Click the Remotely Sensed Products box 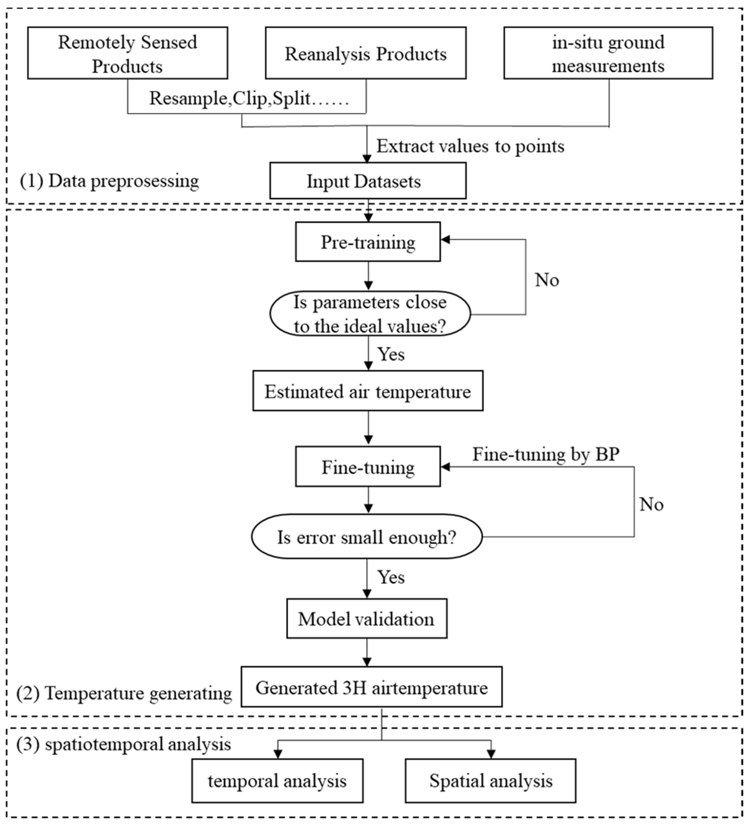click(x=127, y=53)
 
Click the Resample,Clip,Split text click(x=249, y=98)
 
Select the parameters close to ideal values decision click(x=369, y=314)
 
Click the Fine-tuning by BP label click(x=546, y=454)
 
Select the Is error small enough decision click(x=367, y=537)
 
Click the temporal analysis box click(x=277, y=780)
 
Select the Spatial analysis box click(x=490, y=780)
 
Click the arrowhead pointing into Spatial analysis click(x=491, y=754)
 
